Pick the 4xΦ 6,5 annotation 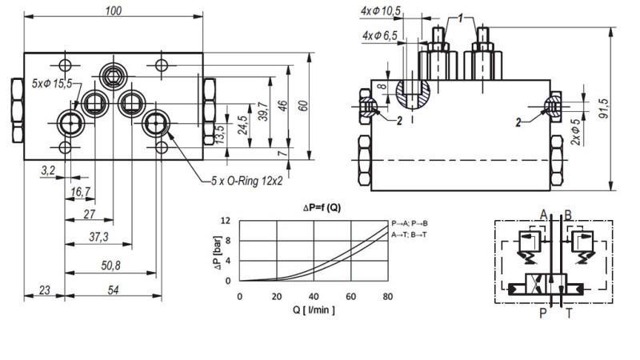coord(380,36)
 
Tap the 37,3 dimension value coord(98,237)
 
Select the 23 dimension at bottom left coord(44,290)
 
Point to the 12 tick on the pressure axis coord(226,221)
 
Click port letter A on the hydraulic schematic coord(544,214)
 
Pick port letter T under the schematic coord(569,314)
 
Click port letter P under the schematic coord(543,314)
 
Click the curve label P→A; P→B coord(410,223)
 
